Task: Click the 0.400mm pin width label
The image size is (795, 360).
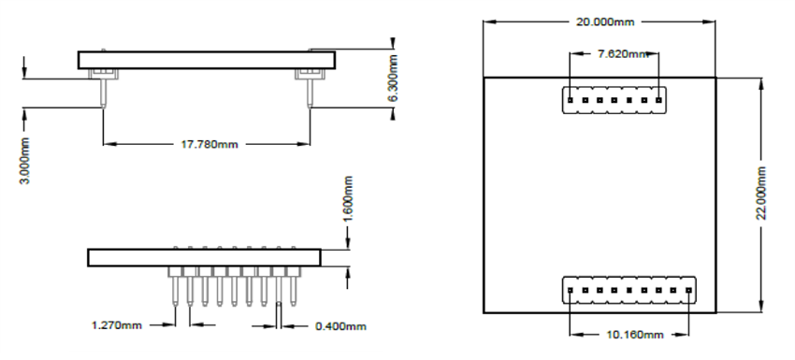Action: point(340,325)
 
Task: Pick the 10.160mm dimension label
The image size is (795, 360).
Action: point(628,334)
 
